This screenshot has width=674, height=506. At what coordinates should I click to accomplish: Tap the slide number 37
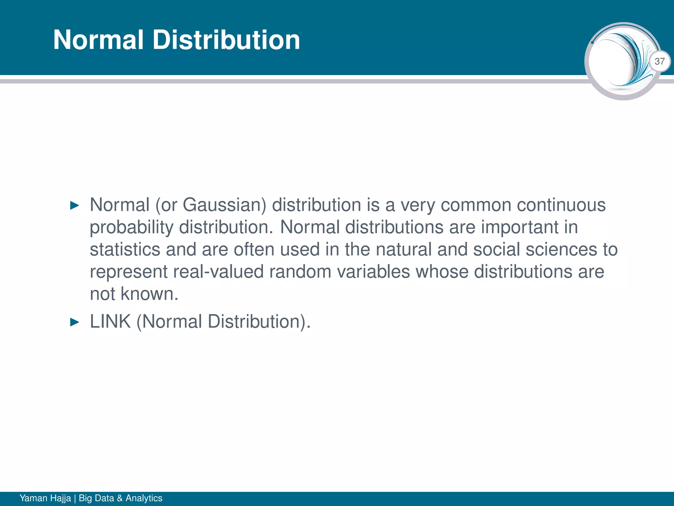tap(660, 61)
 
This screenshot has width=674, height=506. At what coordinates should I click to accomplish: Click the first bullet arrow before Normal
tap(75, 206)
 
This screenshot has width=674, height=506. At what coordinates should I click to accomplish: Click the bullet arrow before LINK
tap(75, 322)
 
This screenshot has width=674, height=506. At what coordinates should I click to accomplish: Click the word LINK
tap(110, 322)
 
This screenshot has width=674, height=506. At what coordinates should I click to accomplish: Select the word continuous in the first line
tap(561, 205)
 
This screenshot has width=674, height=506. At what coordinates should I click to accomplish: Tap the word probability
tap(131, 228)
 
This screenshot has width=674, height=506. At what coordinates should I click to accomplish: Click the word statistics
tap(125, 249)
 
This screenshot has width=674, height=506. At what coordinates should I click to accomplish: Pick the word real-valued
tap(218, 272)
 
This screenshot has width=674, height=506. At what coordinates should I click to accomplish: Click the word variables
tap(373, 272)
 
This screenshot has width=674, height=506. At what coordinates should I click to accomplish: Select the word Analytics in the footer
tap(144, 498)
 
